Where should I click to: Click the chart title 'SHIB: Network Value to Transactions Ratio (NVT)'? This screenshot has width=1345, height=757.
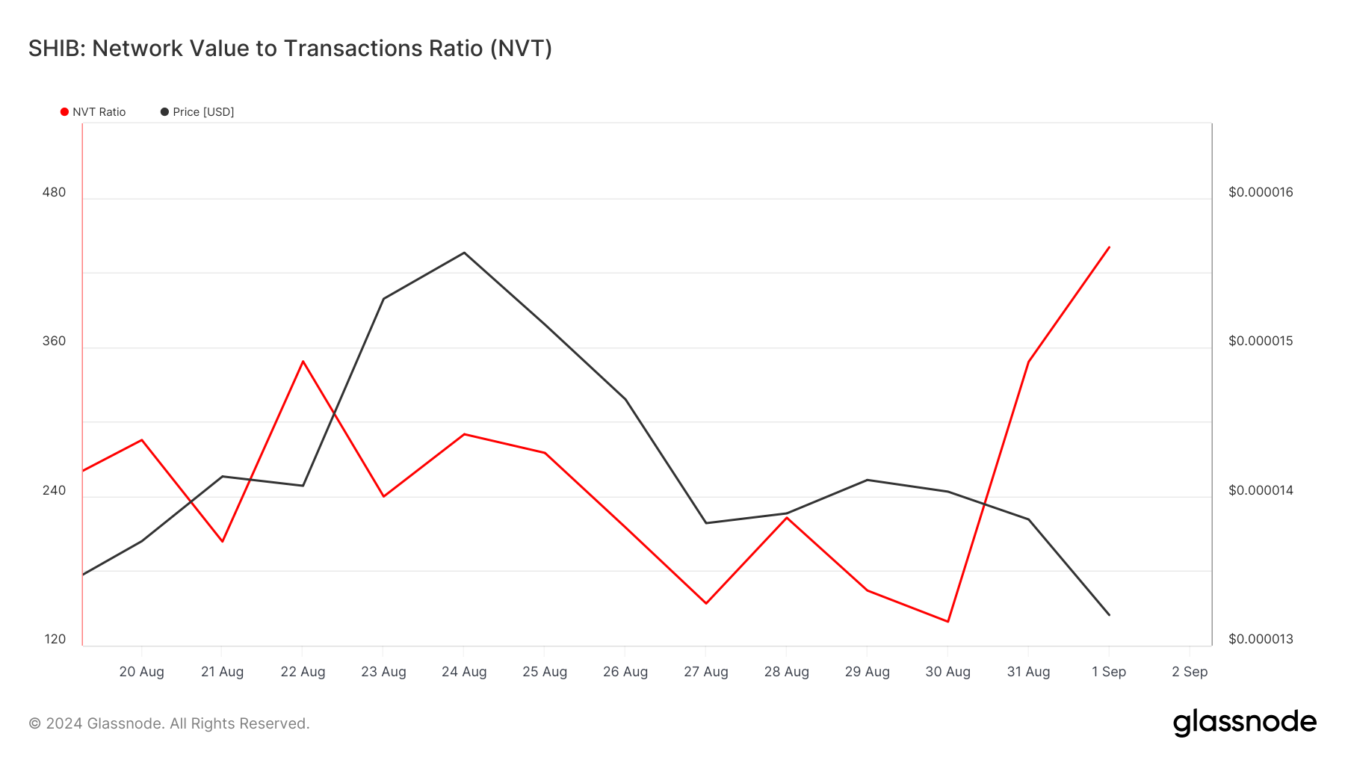click(x=290, y=49)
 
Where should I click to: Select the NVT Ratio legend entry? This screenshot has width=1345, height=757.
click(x=93, y=112)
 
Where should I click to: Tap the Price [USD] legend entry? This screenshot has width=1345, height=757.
click(x=197, y=112)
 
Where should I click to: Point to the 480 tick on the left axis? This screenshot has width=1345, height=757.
click(x=54, y=192)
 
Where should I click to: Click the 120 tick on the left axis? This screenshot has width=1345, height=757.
click(x=55, y=639)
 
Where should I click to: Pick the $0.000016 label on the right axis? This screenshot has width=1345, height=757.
click(x=1261, y=192)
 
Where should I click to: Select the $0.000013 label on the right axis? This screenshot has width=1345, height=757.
click(x=1261, y=639)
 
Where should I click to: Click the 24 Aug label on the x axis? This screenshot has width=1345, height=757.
click(x=464, y=672)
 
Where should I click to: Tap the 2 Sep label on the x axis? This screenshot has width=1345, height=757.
click(x=1190, y=672)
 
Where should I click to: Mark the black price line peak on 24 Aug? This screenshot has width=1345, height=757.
click(x=464, y=253)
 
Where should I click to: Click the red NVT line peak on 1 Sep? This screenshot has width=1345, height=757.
click(x=1109, y=247)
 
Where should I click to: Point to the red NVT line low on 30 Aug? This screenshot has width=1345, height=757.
click(x=948, y=621)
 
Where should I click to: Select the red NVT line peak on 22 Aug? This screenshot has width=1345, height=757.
click(x=303, y=361)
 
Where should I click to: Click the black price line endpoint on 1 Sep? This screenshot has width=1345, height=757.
click(x=1109, y=615)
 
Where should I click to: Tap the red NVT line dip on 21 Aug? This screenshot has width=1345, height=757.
click(x=222, y=541)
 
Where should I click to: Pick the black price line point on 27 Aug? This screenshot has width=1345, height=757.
click(x=706, y=522)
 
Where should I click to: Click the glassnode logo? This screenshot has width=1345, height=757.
click(x=1244, y=723)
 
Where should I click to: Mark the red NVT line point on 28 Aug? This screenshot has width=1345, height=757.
click(x=787, y=517)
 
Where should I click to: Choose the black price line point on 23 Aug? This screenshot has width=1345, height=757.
click(x=383, y=299)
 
